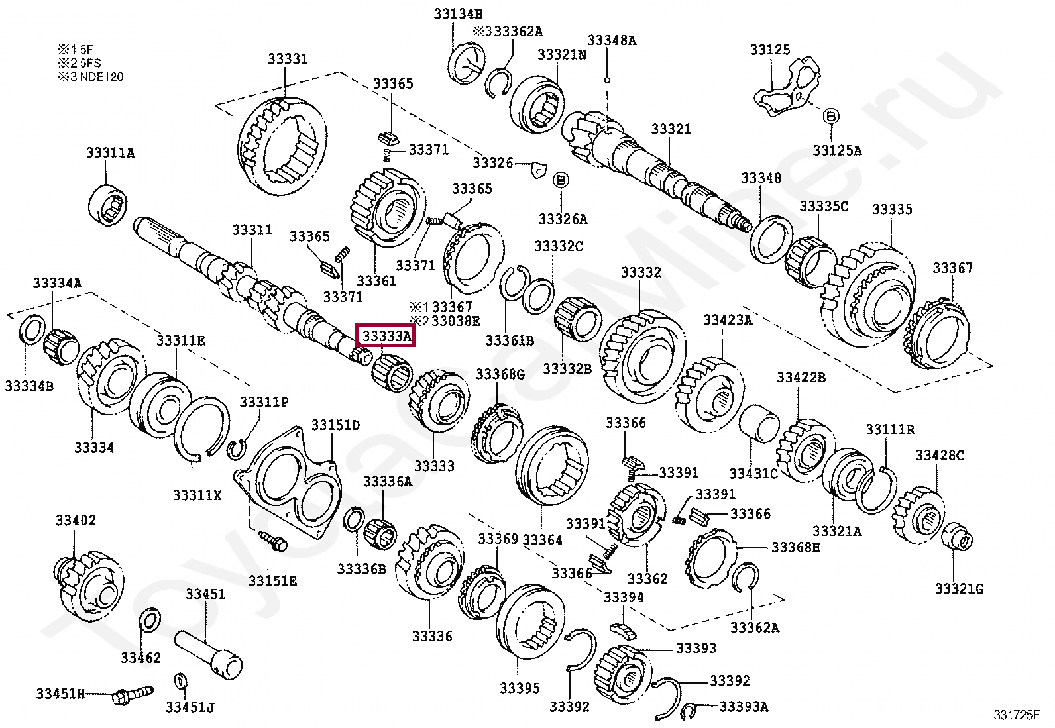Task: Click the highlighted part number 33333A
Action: coord(386,337)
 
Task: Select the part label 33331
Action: coord(288,59)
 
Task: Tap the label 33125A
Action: coord(837,151)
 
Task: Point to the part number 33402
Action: coord(76,521)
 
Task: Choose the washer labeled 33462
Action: coord(150,621)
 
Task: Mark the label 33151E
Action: coord(272,582)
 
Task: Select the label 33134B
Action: coord(458,14)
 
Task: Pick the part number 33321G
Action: coord(959,588)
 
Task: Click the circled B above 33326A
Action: coord(561,180)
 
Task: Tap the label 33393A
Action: coord(744,707)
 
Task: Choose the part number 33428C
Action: coord(939,456)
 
